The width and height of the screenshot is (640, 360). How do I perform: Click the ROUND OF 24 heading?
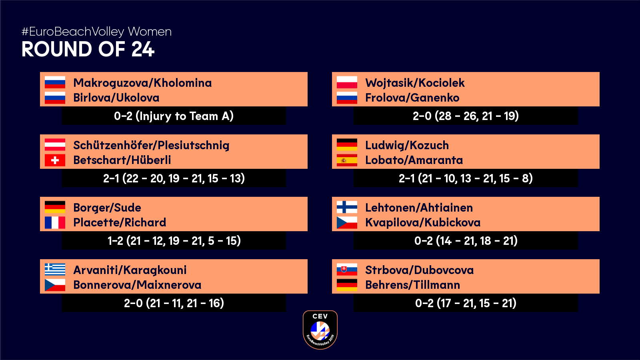(x=88, y=49)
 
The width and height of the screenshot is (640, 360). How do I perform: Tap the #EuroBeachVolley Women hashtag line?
(x=96, y=32)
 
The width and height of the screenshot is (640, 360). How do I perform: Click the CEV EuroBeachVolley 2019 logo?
(x=320, y=330)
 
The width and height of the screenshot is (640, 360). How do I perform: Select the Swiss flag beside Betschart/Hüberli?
(x=55, y=160)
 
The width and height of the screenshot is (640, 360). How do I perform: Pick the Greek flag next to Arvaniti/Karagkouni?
(x=55, y=270)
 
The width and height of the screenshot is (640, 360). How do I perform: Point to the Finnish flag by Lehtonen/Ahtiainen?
(x=347, y=207)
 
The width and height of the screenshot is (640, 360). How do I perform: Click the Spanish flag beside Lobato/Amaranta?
(x=347, y=160)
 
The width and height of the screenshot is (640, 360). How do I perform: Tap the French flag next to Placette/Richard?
(x=55, y=222)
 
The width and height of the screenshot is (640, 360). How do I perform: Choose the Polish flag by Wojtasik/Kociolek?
(x=347, y=82)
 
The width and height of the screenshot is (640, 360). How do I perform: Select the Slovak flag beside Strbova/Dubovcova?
(x=347, y=270)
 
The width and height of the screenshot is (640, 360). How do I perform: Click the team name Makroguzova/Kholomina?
(x=142, y=83)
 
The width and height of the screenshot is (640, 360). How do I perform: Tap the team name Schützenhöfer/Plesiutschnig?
(x=151, y=146)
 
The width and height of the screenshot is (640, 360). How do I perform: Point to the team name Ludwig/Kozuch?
(x=407, y=146)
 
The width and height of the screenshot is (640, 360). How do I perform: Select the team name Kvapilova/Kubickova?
(x=423, y=222)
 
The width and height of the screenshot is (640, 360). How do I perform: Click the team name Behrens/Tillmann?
(x=412, y=285)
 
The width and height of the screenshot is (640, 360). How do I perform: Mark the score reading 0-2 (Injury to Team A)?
(x=174, y=116)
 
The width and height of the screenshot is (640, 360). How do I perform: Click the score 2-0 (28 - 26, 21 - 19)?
(x=466, y=116)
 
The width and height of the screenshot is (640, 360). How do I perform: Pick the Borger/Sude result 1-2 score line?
(x=174, y=241)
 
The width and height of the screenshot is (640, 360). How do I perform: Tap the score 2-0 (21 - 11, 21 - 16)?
(x=174, y=303)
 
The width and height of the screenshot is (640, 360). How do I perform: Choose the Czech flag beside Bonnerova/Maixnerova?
(x=55, y=285)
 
